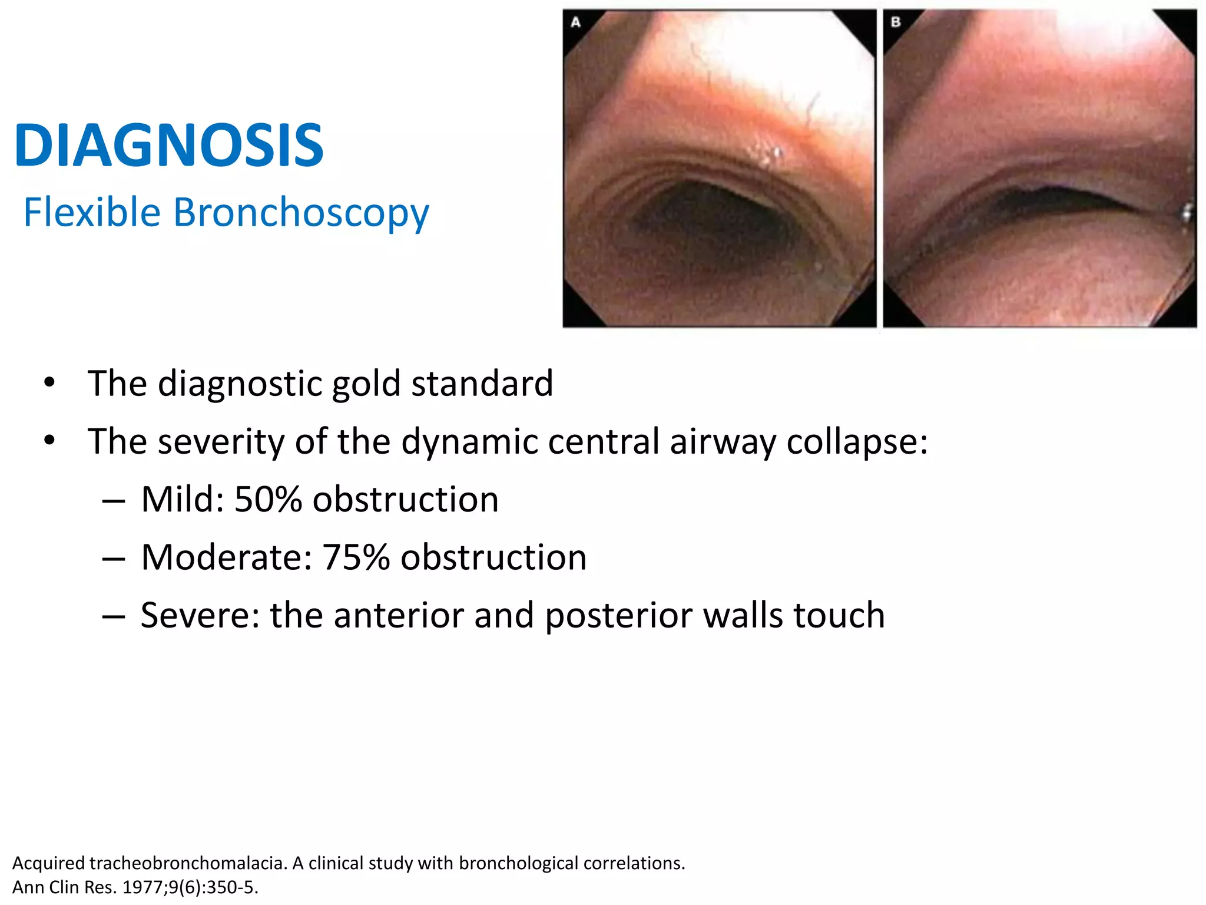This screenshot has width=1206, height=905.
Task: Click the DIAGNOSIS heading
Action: pos(169,146)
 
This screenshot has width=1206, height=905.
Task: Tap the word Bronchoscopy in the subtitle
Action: pos(301,212)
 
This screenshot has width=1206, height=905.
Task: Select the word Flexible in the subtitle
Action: pos(92,212)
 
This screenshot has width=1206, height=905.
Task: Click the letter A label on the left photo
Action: pos(576,22)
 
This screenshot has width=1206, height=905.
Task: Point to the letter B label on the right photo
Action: pos(896,22)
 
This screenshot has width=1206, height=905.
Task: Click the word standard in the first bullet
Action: pos(482,384)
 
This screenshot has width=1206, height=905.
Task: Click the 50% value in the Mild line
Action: pos(268,500)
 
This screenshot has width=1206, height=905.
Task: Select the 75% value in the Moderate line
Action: pos(356,557)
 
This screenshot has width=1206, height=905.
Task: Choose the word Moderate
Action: pos(226,557)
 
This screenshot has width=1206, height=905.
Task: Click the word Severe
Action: pos(199,615)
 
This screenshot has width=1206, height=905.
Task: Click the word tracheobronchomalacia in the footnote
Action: pos(188,863)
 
